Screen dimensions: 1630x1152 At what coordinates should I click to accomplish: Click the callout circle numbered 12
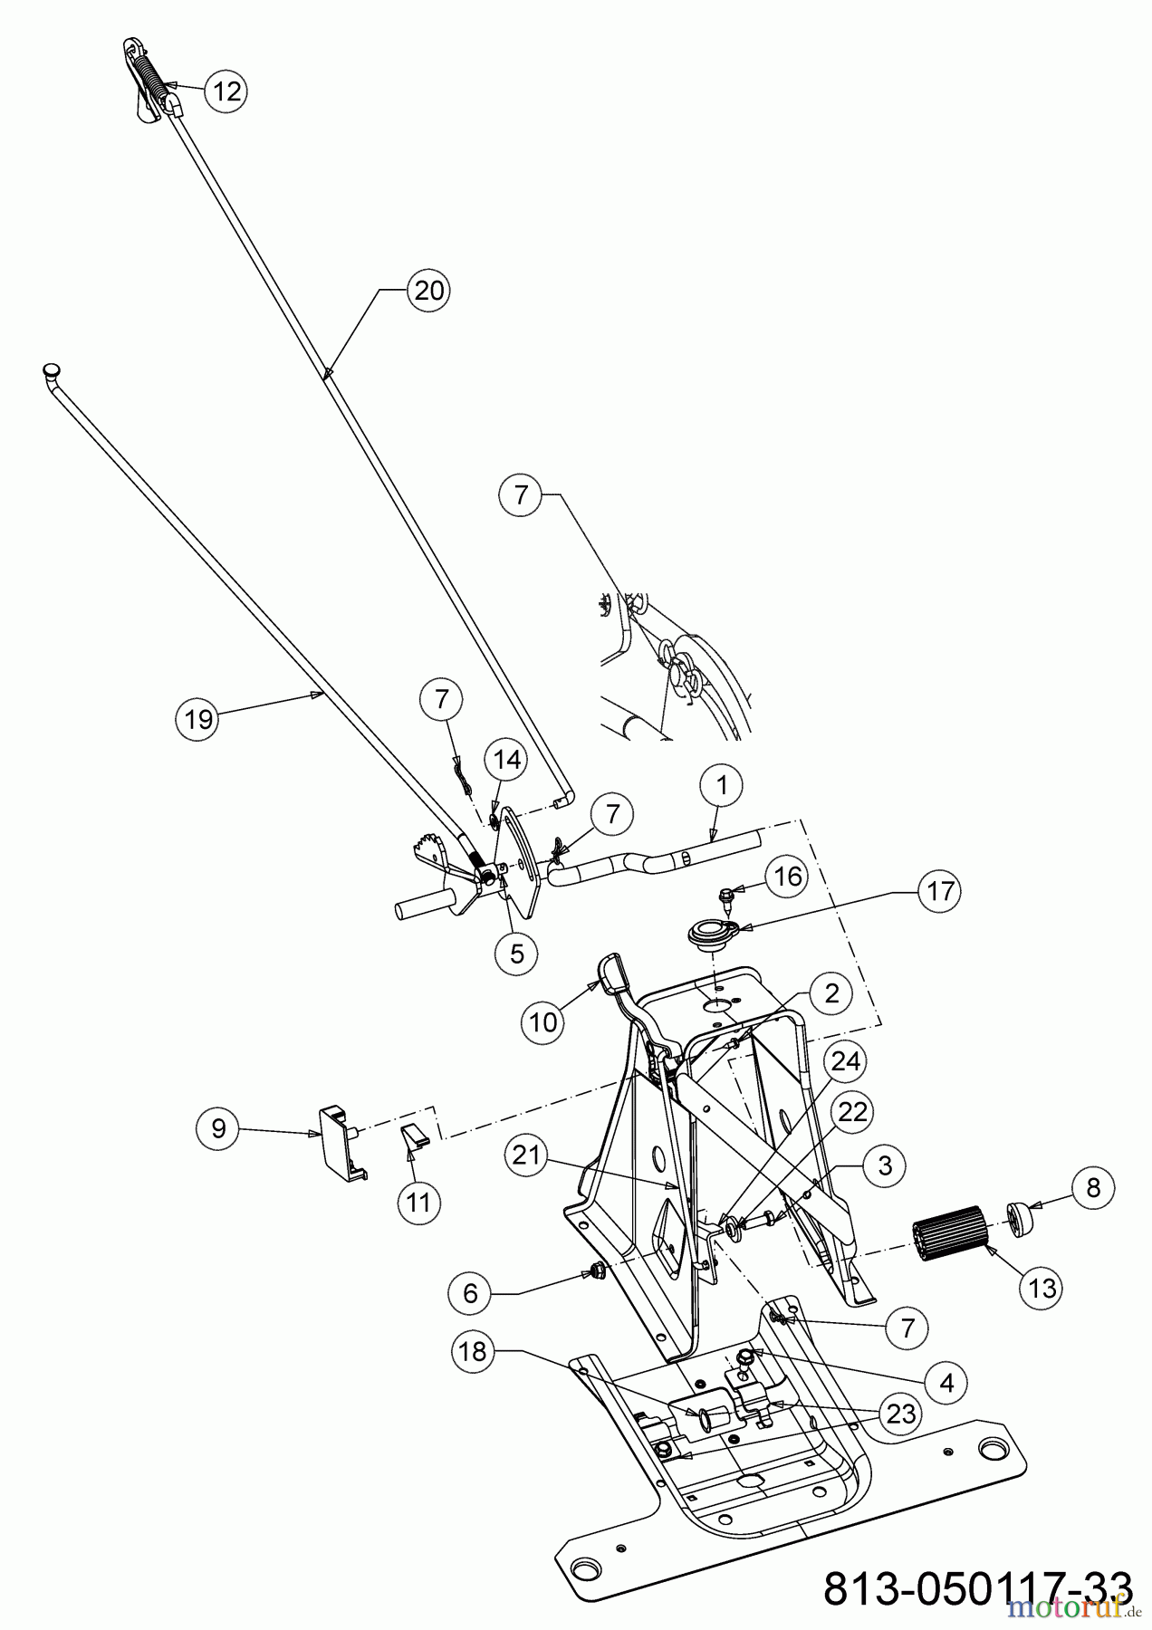click(x=226, y=91)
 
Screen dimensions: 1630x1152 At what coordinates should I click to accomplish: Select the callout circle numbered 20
click(x=428, y=291)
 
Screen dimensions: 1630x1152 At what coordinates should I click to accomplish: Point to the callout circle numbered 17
click(x=940, y=891)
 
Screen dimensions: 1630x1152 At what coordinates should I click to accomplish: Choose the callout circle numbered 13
click(x=1042, y=1288)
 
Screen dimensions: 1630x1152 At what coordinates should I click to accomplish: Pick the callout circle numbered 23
click(x=901, y=1414)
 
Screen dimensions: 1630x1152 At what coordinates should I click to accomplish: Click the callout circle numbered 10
click(x=543, y=1022)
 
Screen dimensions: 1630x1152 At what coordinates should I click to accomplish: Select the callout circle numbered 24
click(x=845, y=1061)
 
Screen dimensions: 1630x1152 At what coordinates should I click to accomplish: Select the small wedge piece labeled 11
click(x=413, y=1138)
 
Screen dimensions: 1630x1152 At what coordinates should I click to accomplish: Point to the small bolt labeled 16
click(x=725, y=897)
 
